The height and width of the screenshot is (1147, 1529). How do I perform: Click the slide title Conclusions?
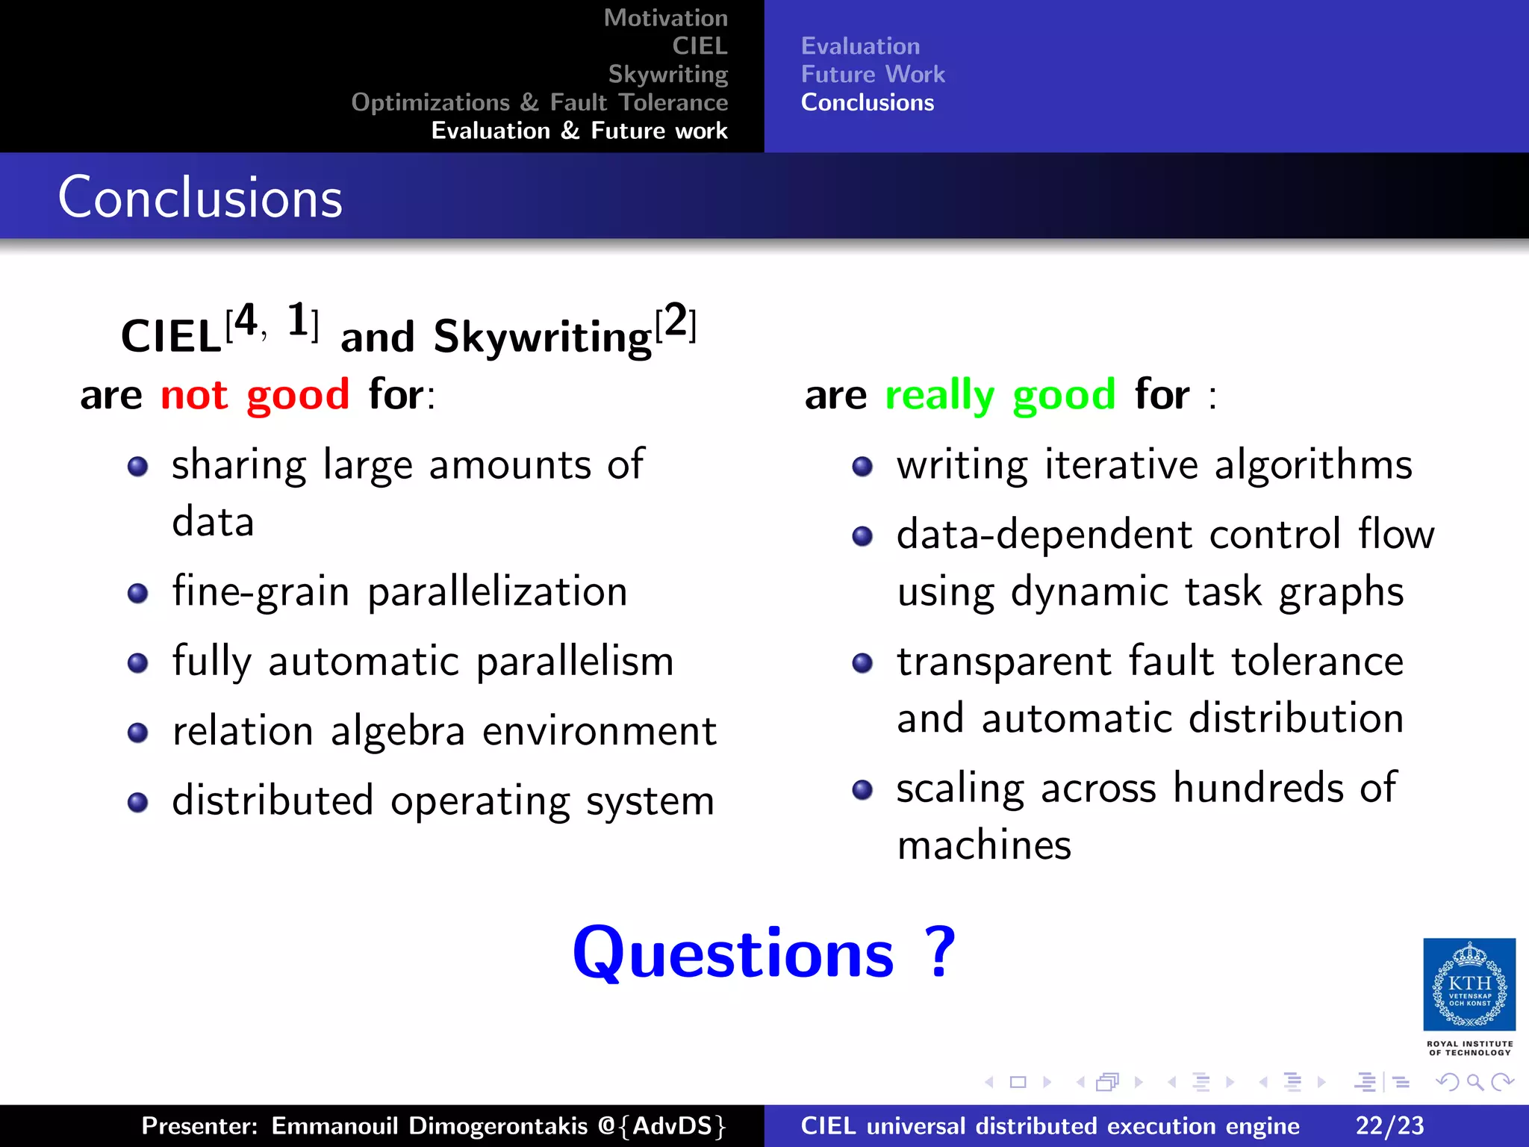[x=200, y=198]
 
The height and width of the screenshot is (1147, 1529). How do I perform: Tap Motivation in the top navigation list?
[x=665, y=18]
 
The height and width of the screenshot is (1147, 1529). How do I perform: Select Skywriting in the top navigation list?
[x=667, y=74]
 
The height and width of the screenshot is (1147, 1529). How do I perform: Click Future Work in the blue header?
[x=872, y=74]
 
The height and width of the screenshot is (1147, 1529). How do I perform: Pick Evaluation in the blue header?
[x=859, y=46]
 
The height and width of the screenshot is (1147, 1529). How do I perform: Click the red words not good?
[x=255, y=394]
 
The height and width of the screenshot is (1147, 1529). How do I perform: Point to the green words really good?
[x=1000, y=394]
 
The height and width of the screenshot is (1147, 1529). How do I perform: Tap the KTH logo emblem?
[x=1469, y=984]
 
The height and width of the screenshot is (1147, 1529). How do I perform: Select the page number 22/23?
[x=1389, y=1125]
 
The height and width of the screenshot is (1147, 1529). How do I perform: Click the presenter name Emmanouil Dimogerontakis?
[x=429, y=1125]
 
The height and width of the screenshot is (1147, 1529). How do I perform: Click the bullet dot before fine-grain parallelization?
[x=137, y=594]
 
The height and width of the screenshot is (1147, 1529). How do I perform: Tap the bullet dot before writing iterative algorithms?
[x=862, y=467]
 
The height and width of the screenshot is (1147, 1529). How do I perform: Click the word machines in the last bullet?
[x=984, y=845]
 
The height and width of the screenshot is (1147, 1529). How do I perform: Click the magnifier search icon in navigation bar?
[x=1474, y=1082]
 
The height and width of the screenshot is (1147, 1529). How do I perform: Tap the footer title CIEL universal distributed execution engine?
[x=1050, y=1125]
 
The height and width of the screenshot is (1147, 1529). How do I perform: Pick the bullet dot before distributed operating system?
[x=137, y=803]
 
